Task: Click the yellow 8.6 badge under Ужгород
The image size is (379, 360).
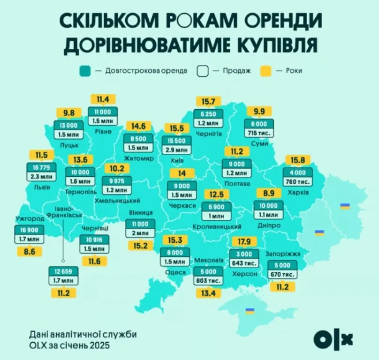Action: point(30,252)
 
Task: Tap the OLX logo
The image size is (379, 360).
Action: point(333,338)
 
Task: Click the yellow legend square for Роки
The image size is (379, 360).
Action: point(266,71)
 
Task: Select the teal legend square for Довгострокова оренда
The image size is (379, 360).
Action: point(84,71)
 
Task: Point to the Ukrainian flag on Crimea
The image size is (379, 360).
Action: point(250,310)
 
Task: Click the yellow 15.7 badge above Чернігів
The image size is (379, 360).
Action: point(208,102)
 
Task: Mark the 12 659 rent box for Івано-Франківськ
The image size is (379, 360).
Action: point(63,271)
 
